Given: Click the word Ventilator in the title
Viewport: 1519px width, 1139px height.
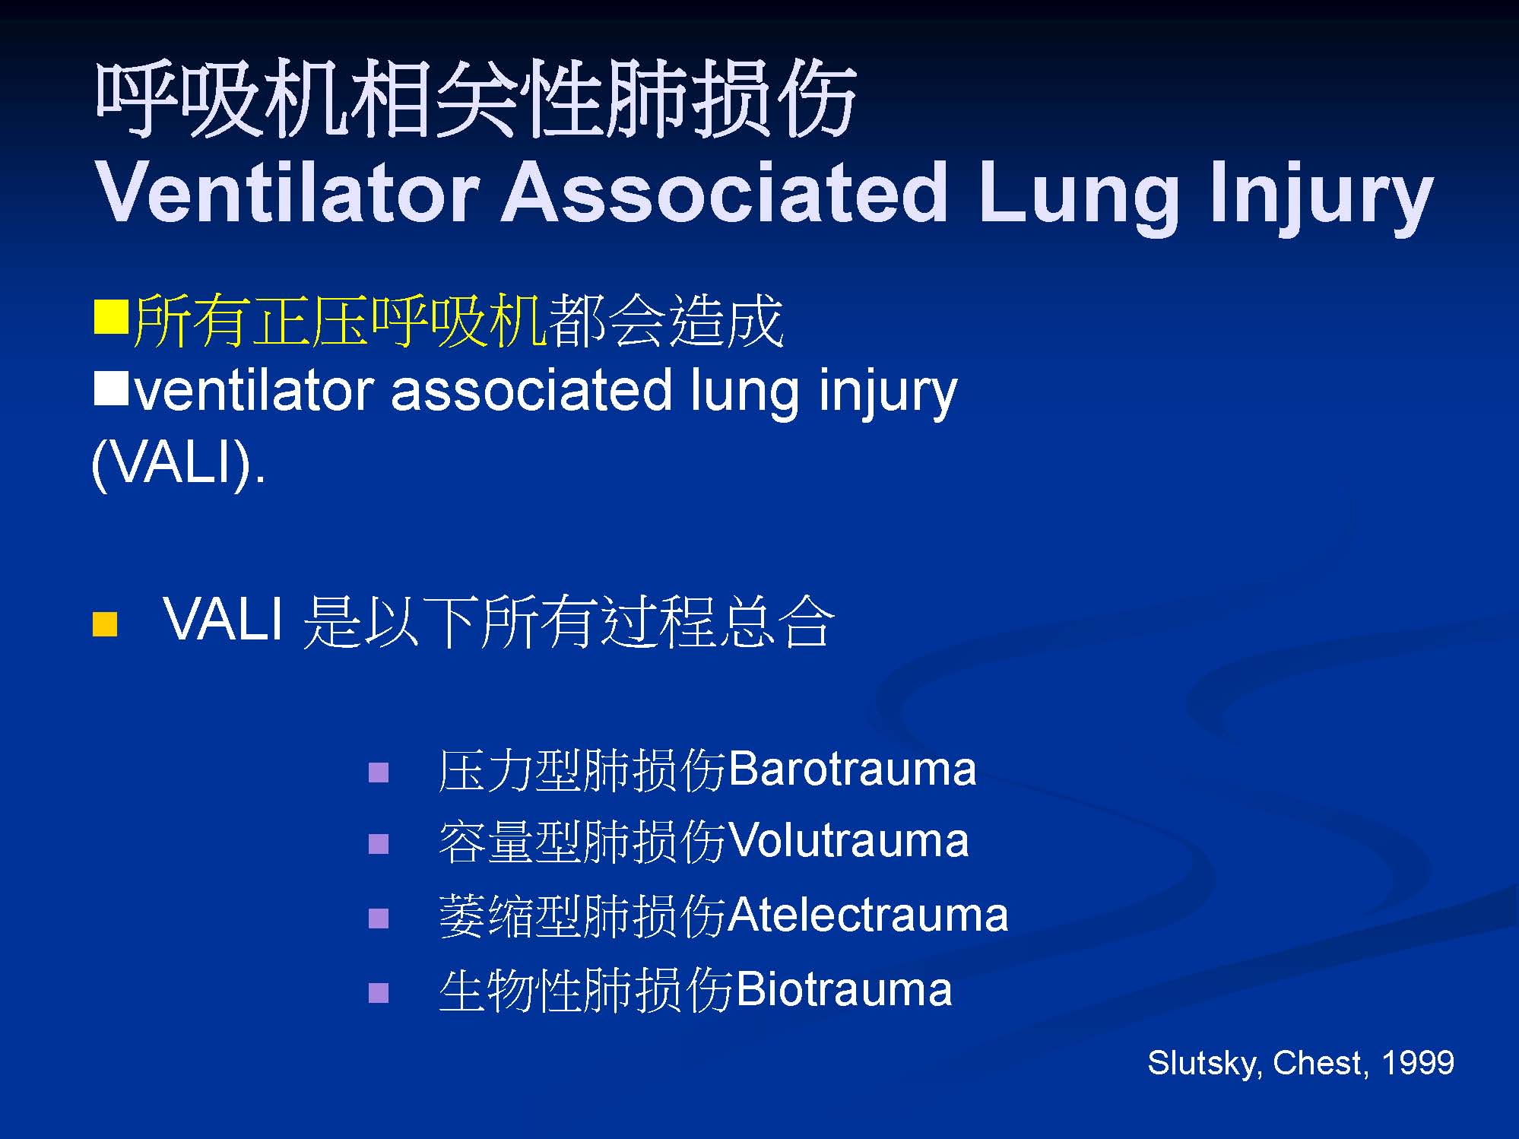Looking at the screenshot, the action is tap(287, 193).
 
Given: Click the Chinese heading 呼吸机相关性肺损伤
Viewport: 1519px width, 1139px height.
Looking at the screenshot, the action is tap(476, 100).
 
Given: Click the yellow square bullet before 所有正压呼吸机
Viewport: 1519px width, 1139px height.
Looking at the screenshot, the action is tap(111, 317).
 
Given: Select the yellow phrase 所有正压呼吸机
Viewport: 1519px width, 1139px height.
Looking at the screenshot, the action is tap(340, 320).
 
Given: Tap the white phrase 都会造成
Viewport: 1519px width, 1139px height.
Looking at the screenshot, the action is tap(666, 320).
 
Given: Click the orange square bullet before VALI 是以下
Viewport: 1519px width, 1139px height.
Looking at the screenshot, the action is tap(105, 623).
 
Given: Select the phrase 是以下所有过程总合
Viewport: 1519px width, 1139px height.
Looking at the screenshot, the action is tap(569, 621).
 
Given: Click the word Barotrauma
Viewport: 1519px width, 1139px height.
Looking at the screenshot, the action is tap(852, 769).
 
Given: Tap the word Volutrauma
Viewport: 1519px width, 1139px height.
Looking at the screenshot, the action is tap(848, 841).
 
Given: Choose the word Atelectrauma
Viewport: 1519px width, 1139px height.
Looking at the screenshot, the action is tap(868, 915).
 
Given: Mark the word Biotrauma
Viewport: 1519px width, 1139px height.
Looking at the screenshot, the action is tap(844, 989).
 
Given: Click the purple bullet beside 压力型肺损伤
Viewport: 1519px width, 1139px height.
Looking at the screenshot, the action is tap(379, 773).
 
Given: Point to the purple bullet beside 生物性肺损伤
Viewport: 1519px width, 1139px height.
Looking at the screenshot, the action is tap(379, 993).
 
